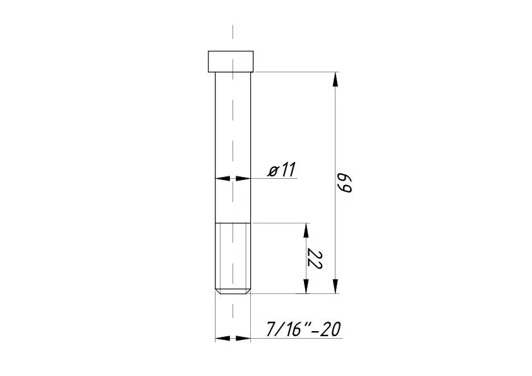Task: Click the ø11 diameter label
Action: [x=282, y=169]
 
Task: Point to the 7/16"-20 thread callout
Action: [x=303, y=329]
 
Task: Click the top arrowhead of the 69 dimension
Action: [x=336, y=80]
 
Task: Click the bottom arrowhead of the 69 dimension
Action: [x=336, y=286]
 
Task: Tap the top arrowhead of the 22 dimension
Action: [x=306, y=231]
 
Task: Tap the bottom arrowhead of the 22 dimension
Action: [x=306, y=286]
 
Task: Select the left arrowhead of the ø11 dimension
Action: [x=222, y=178]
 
